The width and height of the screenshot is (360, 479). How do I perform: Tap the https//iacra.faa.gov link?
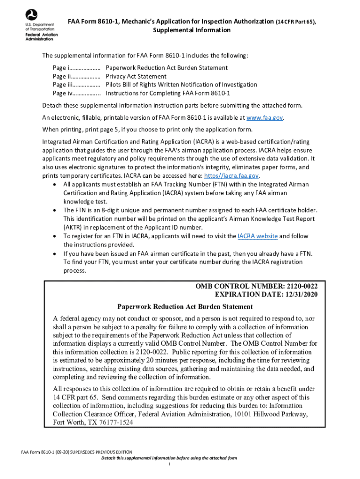(x=231, y=176)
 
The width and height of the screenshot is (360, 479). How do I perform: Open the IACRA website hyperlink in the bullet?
(x=258, y=236)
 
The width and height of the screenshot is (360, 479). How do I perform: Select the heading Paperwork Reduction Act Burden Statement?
(x=185, y=307)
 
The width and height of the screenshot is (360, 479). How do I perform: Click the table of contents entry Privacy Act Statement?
(x=136, y=76)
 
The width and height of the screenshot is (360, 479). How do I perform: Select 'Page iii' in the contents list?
(x=62, y=85)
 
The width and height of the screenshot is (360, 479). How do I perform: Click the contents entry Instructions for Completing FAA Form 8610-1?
(x=168, y=93)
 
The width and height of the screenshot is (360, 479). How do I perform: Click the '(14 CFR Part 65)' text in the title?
(x=298, y=22)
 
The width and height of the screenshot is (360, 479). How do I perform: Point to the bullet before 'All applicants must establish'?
(x=56, y=184)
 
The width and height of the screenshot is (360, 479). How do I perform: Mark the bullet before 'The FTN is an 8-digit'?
(x=56, y=210)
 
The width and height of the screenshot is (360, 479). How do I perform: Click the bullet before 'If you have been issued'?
(x=56, y=254)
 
